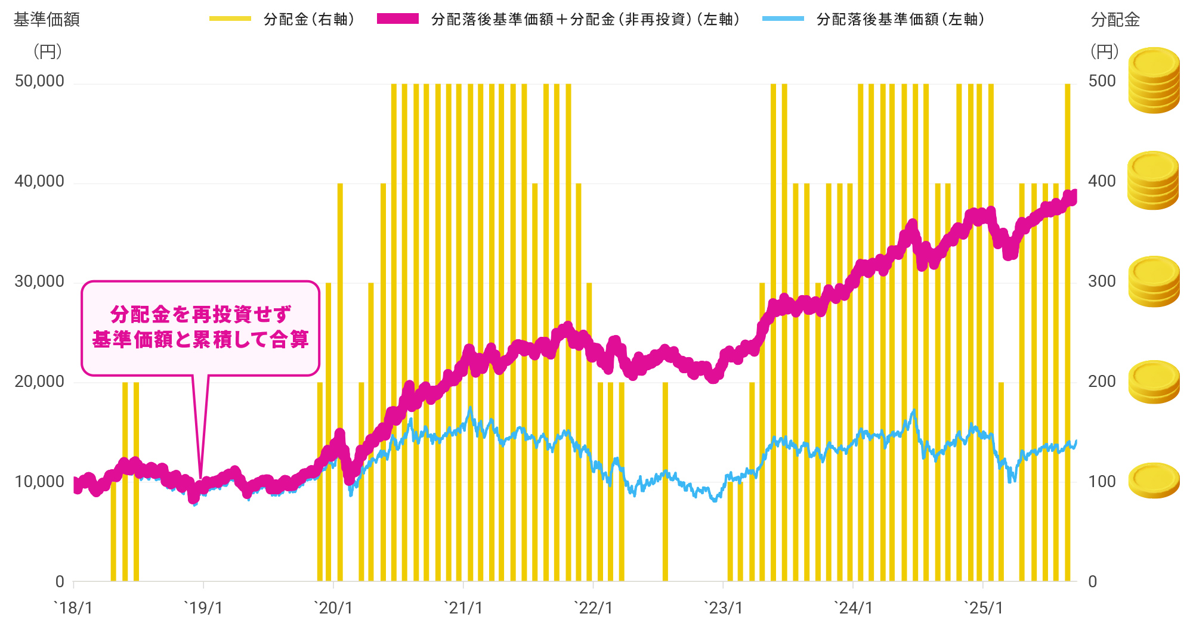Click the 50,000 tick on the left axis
pos(39,82)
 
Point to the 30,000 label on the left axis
pos(39,281)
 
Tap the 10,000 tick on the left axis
pos(39,482)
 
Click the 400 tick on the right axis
pos(1102,182)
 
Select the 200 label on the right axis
pos(1102,382)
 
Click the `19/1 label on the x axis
pos(203,608)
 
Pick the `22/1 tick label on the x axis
pos(593,608)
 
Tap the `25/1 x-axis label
pos(983,608)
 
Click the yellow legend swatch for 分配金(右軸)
pos(230,19)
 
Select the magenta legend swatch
pos(398,19)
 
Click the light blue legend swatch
pos(783,19)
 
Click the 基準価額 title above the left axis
pos(47,20)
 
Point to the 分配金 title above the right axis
pos(1115,20)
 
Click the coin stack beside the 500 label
pos(1154,80)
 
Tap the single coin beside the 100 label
pos(1154,481)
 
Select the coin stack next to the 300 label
pos(1154,281)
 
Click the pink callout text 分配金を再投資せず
pos(200,314)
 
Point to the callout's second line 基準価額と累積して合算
pos(200,340)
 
